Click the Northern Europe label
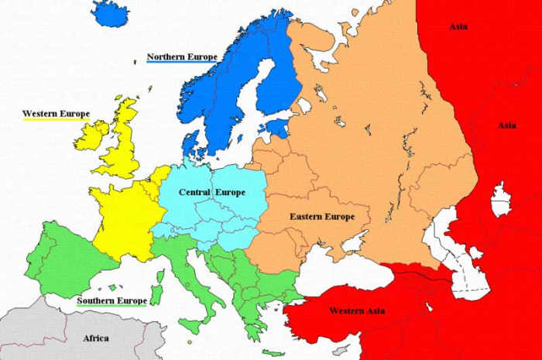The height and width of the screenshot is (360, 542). click(x=181, y=57)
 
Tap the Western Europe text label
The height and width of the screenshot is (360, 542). click(x=55, y=114)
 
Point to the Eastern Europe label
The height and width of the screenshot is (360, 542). click(x=322, y=216)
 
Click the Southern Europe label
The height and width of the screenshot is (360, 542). click(x=111, y=300)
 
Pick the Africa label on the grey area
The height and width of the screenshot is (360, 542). click(x=96, y=338)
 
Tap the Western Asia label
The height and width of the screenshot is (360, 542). click(x=357, y=310)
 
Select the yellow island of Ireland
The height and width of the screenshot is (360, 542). click(x=91, y=136)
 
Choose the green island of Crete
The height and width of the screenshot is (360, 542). click(x=272, y=352)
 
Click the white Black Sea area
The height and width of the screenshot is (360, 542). click(x=341, y=271)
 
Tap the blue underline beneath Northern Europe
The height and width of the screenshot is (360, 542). click(x=181, y=63)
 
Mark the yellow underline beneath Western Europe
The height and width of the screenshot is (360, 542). click(x=55, y=120)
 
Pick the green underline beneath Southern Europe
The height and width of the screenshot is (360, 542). click(x=111, y=307)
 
